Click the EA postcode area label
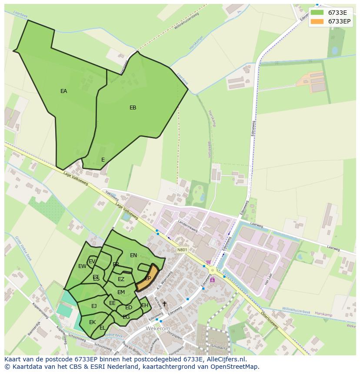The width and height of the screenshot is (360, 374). coord(64,91)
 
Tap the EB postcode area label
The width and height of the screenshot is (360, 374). coord(133,108)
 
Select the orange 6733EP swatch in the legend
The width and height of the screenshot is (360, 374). coord(317,21)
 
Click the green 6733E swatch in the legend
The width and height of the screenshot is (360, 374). coord(317,13)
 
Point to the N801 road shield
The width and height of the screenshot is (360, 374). coord(182,250)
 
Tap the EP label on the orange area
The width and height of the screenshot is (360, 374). coord(148,278)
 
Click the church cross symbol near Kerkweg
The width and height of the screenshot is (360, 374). coord(164,304)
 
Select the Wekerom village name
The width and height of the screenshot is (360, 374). coord(158,329)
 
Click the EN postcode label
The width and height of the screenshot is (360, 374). coord(133,255)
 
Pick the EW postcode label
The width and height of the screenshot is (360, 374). coord(82,266)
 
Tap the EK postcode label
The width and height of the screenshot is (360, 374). coord(92,322)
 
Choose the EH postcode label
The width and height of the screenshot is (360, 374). coord(145,305)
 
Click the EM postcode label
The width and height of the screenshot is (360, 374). coord(121,292)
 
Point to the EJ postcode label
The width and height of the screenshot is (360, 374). coord(94,306)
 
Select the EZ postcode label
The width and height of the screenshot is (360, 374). coord(121,279)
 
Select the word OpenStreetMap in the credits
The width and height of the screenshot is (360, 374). coord(235,367)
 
